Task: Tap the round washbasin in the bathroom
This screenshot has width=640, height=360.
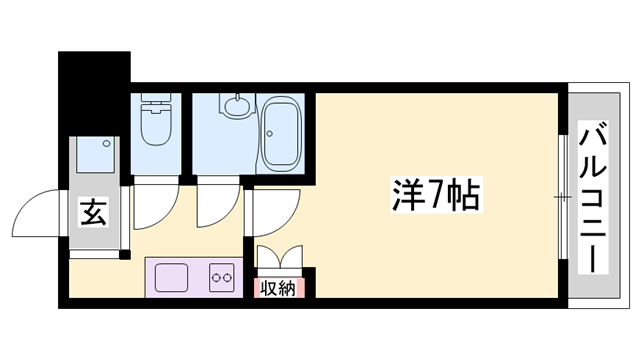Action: pos(239,104)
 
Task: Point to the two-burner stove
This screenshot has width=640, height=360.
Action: pos(221,276)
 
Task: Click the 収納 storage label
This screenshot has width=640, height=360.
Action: pos(279,289)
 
